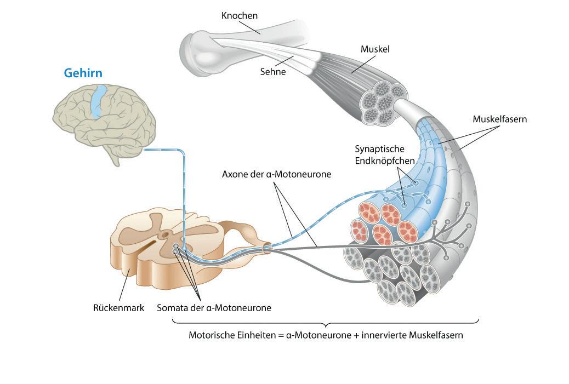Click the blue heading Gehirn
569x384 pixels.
83,72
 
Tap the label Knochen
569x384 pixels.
239,15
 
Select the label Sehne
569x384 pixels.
274,71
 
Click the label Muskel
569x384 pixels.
375,49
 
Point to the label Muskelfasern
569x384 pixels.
499,119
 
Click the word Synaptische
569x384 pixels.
380,148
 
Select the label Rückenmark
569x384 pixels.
118,307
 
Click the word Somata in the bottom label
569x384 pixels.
172,307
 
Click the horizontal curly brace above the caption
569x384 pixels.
326,322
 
